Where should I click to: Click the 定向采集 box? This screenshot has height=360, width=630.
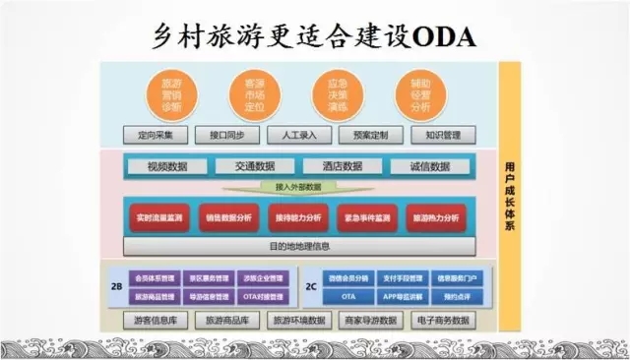point(157,135)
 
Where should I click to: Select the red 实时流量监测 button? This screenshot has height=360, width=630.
point(157,217)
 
